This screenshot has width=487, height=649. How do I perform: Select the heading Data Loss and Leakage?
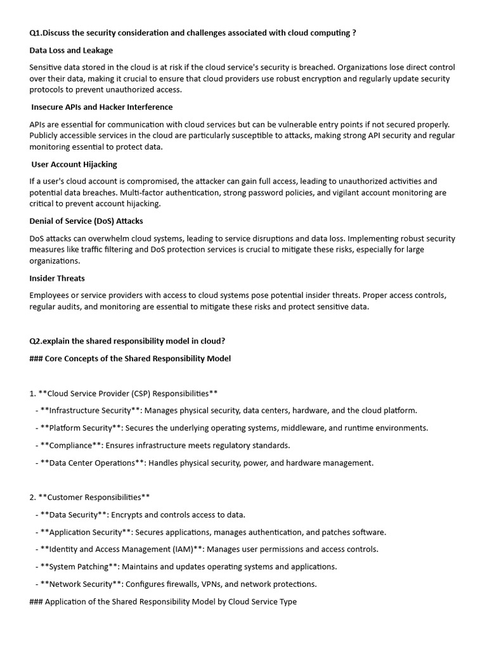click(x=71, y=50)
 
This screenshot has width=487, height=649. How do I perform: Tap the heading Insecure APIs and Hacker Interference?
click(x=102, y=107)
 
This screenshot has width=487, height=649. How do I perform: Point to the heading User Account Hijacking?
click(x=74, y=164)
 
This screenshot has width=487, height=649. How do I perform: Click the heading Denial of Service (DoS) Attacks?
click(x=86, y=221)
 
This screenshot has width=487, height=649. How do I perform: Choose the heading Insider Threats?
click(x=57, y=278)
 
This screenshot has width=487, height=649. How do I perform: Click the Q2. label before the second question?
click(x=37, y=340)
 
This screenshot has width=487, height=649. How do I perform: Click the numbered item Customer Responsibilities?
click(x=94, y=497)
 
